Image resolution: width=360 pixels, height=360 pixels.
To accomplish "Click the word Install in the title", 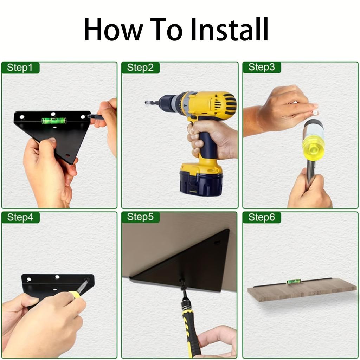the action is point(229,29).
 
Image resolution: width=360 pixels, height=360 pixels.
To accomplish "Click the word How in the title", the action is point(114,29).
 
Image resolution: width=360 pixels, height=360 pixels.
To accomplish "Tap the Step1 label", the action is point(20,68).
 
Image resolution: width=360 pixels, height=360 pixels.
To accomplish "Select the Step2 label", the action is point(140,68).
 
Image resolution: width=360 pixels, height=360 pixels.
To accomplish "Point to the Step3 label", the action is point(262,67).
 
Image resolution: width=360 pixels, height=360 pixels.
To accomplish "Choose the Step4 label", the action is point(20,217).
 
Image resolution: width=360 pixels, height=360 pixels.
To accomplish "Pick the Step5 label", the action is point(140,217).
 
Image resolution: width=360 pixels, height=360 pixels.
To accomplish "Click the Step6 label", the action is point(262,217).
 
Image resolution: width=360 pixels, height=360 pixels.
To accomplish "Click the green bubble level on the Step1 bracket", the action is point(54,120).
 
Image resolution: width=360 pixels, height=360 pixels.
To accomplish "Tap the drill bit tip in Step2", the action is point(147,102).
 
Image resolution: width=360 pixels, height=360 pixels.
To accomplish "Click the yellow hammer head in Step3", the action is point(313,144).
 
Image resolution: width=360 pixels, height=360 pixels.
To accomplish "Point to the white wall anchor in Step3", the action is point(315,112).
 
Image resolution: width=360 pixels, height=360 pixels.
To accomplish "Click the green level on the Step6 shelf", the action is point(294,282).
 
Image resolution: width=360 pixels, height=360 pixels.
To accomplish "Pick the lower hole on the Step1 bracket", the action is point(67,155).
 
